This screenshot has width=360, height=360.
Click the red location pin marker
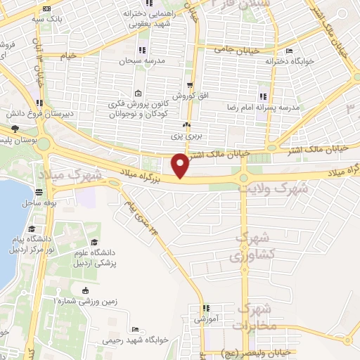click(x=180, y=166)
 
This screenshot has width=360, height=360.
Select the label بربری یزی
click(x=187, y=133)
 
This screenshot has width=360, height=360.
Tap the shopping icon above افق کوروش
click(x=188, y=84)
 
